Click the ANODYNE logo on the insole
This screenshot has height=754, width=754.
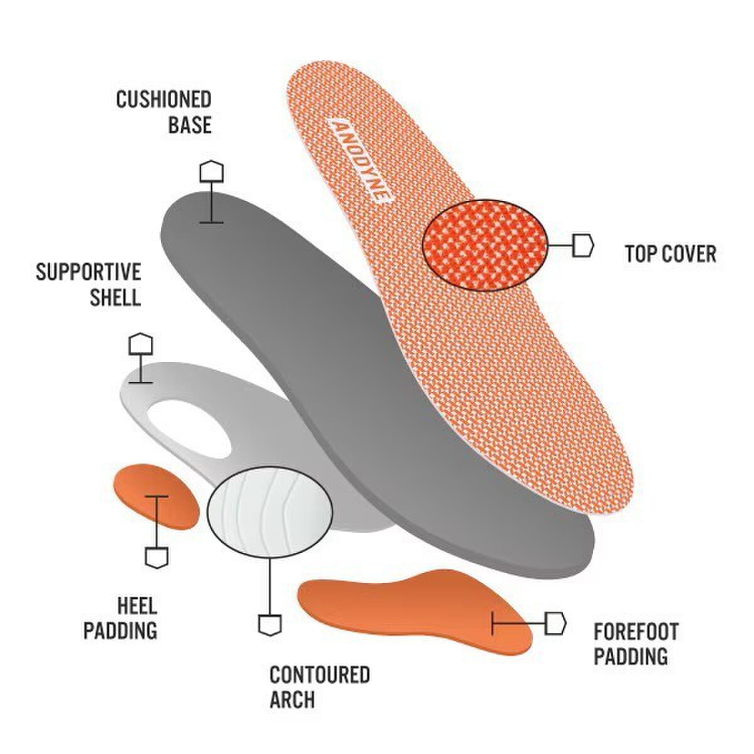[359, 161]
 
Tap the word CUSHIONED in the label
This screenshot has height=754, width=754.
[163, 99]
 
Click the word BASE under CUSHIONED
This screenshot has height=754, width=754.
[190, 124]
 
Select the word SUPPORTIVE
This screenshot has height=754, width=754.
[89, 271]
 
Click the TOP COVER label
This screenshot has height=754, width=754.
[670, 254]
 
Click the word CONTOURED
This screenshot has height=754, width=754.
[320, 674]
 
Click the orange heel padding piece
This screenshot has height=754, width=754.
[156, 496]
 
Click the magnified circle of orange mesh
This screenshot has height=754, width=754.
[485, 245]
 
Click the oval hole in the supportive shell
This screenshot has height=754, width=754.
[187, 429]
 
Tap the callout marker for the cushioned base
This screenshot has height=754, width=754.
[212, 172]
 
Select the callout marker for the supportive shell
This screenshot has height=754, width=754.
[141, 344]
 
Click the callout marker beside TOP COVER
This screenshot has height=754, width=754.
[583, 245]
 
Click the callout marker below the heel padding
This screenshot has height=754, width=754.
[157, 557]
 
